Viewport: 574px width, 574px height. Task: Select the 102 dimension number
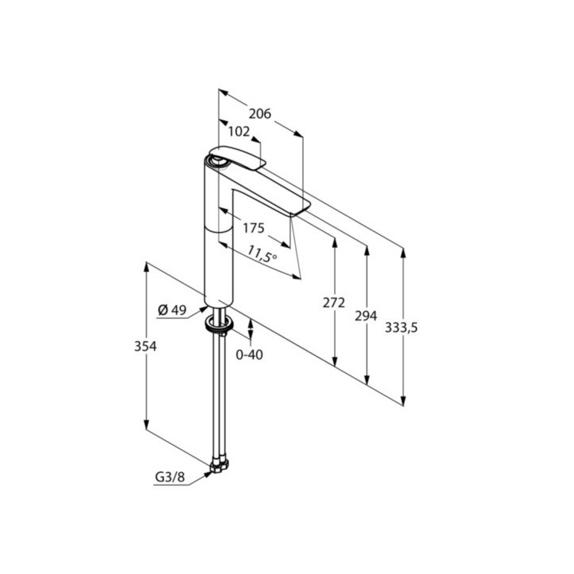(x=239, y=131)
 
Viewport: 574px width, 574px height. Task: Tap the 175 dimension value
(x=253, y=228)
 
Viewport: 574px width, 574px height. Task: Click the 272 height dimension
(x=335, y=303)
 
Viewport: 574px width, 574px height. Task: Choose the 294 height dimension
(x=365, y=316)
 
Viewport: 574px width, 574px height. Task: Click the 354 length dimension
(x=146, y=347)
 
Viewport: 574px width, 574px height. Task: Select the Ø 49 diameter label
(x=171, y=311)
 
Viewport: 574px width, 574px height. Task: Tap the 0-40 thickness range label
(x=250, y=355)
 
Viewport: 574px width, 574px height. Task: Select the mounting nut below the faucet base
(x=218, y=323)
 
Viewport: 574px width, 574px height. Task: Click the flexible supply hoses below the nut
(x=217, y=391)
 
